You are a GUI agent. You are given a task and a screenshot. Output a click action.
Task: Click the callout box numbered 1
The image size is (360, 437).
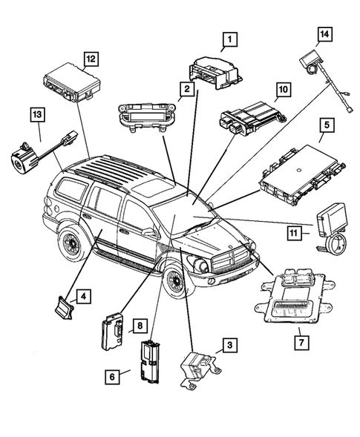[x=230, y=39]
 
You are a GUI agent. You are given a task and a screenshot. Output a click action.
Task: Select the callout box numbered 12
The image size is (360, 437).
[x=91, y=59]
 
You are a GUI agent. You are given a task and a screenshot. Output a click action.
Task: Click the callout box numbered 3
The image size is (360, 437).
[x=229, y=344]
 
